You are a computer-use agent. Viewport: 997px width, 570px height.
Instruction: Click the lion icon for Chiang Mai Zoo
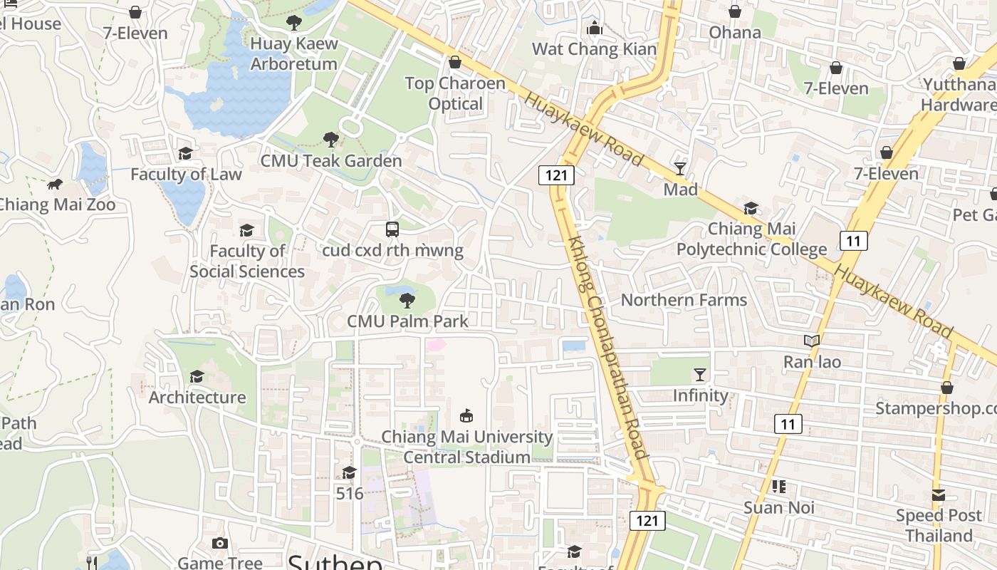[55, 185]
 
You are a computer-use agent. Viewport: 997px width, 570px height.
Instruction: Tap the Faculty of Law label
[186, 174]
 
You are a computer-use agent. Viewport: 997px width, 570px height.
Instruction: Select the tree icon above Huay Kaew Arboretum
[293, 23]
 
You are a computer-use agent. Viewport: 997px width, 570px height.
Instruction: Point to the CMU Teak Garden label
[331, 160]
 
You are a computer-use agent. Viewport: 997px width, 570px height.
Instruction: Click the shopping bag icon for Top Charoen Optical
[455, 63]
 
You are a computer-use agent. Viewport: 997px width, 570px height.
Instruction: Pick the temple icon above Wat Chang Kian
[594, 28]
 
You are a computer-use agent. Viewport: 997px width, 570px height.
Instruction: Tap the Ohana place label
[735, 32]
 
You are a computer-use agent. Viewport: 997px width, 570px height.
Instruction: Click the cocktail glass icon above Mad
[680, 169]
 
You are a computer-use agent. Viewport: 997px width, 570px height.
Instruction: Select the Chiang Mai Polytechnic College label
[751, 239]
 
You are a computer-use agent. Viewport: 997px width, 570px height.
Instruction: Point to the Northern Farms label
[684, 300]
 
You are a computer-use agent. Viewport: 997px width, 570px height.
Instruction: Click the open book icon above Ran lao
[812, 341]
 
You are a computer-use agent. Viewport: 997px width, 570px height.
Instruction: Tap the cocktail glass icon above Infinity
[701, 375]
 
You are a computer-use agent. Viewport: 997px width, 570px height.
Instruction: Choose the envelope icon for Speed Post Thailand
[939, 494]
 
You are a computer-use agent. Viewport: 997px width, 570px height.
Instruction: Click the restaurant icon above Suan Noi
[778, 487]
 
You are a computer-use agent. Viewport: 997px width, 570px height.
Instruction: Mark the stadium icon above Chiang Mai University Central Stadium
[467, 415]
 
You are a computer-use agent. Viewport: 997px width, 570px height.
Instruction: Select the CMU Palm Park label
[407, 321]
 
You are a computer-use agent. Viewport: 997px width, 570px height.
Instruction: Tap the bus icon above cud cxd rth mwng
[392, 229]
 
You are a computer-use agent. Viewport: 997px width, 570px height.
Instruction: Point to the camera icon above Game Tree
[219, 544]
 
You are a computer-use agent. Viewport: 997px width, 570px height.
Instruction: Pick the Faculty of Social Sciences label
[247, 261]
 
